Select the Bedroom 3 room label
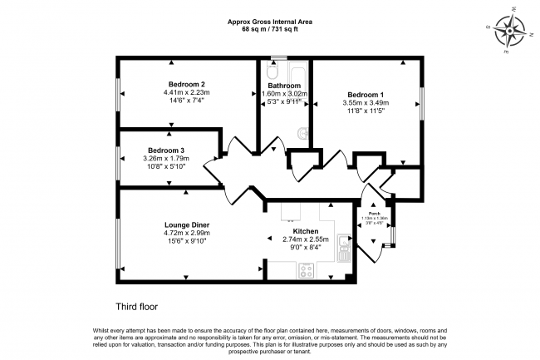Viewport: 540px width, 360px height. pos(166,150)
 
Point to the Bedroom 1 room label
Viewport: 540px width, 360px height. pos(366,94)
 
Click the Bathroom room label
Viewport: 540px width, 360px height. pos(284,85)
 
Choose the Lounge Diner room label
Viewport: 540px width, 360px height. pos(186,224)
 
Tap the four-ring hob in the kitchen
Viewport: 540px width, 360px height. pos(306,269)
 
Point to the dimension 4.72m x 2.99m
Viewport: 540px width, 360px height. pos(186,234)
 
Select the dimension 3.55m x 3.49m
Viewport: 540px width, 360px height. pos(366,103)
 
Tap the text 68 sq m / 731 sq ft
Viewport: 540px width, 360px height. pos(269,31)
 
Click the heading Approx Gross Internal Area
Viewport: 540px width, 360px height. pos(269,22)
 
